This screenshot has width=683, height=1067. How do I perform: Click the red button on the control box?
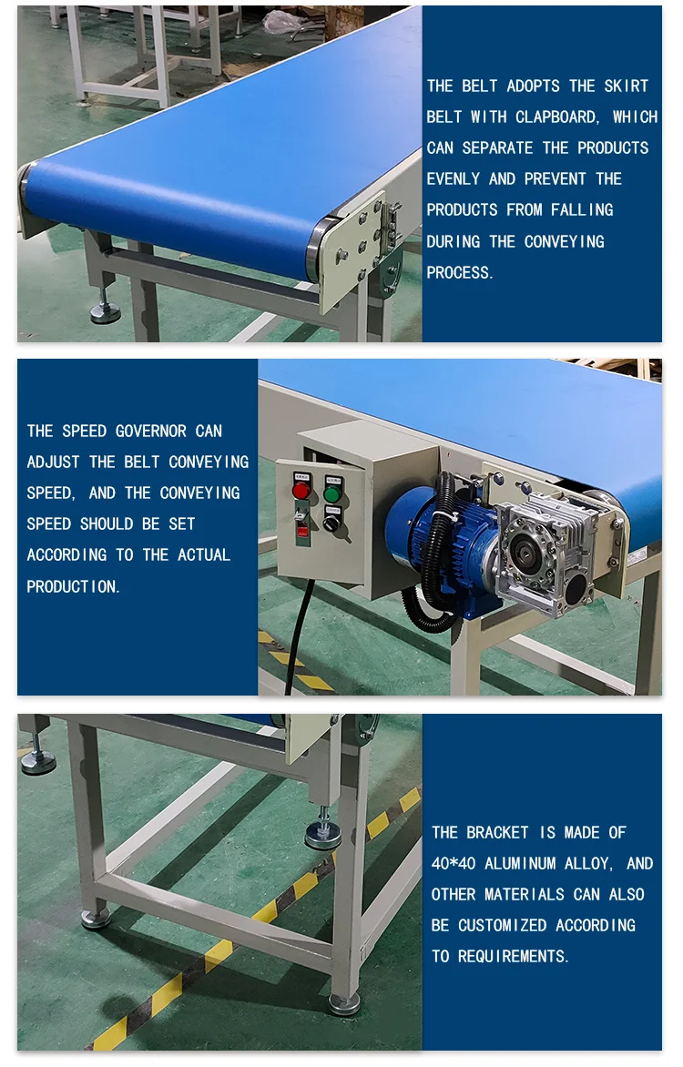coord(301,492)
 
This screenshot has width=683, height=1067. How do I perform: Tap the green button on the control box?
coord(332,494)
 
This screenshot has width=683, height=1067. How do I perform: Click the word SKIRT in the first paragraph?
coord(627,86)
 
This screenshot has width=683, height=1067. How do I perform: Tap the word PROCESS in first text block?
coord(460,272)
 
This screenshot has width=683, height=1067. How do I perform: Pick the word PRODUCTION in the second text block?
coord(73,586)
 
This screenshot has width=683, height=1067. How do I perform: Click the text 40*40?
coord(453,863)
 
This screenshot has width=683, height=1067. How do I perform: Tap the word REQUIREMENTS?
coord(514,956)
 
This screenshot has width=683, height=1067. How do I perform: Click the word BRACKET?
coord(497,832)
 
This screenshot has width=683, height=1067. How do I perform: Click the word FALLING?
coord(582,209)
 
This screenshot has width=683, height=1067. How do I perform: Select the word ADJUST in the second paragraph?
coord(54,462)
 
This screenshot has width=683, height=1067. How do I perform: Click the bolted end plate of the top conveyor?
coord(355,251)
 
